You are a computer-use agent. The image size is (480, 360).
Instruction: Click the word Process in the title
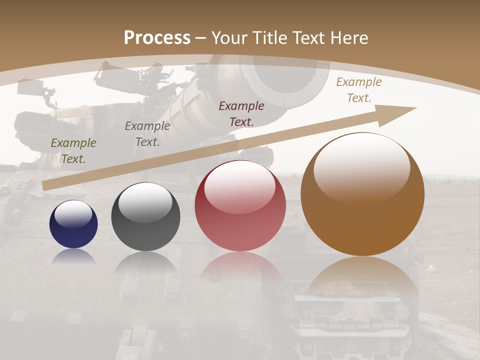(x=157, y=38)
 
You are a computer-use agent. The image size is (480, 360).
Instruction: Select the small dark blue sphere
(x=73, y=224)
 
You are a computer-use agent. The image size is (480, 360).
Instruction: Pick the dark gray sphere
(x=145, y=217)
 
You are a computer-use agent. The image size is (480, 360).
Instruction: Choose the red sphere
(x=240, y=206)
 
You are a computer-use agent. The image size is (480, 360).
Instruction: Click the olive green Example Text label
(x=73, y=151)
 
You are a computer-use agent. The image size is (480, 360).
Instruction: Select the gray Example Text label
(x=147, y=134)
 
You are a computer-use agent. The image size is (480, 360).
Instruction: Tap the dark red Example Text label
(x=241, y=113)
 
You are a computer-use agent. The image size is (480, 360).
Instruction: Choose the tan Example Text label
(x=359, y=90)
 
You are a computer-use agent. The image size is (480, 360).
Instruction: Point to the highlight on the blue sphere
(x=73, y=214)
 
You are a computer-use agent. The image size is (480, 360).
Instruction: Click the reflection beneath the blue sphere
(x=73, y=255)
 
